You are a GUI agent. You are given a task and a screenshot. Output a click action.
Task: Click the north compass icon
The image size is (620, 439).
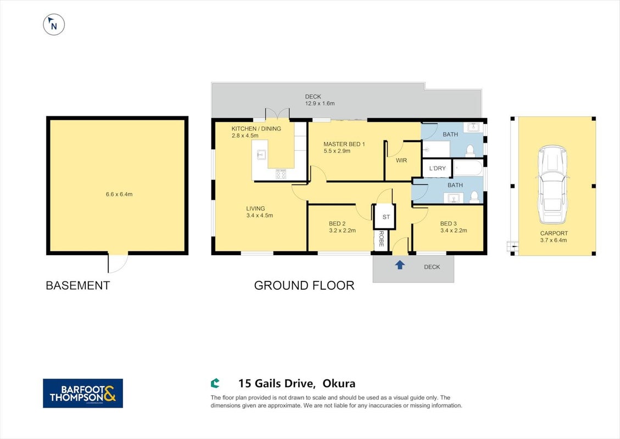coord(54,25)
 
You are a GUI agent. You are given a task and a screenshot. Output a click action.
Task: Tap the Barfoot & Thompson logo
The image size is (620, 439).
coord(82,393)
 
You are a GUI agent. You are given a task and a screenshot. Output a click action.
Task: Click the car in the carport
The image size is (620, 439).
coord(552,184)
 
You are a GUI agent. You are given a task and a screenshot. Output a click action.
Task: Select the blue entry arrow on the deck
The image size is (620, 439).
coord(400,264)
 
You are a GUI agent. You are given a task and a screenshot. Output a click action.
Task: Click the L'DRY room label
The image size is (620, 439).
coord(437,168)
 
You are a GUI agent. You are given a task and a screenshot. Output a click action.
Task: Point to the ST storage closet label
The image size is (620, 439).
coord(386,217)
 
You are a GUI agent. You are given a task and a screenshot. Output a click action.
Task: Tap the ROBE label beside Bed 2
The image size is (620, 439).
coord(382,239)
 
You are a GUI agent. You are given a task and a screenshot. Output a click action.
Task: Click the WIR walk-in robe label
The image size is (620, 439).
coord(401,160)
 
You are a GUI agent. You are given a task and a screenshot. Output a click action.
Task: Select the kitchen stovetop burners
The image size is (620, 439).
coord(281,174)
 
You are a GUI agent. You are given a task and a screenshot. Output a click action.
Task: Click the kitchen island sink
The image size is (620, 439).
coord(261,155)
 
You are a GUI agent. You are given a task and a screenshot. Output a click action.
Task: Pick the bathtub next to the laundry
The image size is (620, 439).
coord(468,168)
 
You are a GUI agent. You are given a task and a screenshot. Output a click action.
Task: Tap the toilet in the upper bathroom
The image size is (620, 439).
coord(470,151)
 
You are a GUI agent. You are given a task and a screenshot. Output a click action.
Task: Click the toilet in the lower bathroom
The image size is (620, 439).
coord(474,197)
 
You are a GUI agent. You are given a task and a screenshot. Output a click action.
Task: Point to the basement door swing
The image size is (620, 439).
coord(118,263)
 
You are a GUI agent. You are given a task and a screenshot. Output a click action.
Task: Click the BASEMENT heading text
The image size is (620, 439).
coord(78,285)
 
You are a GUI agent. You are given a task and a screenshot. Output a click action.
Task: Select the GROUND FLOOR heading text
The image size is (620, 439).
coord(304,285)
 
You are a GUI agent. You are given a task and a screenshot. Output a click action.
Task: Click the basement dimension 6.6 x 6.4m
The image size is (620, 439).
coord(119,194)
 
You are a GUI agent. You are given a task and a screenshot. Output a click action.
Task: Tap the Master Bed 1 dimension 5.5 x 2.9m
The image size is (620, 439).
coord(337,151)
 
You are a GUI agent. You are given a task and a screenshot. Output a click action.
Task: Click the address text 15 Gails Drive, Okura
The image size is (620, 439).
coord(297,383)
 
